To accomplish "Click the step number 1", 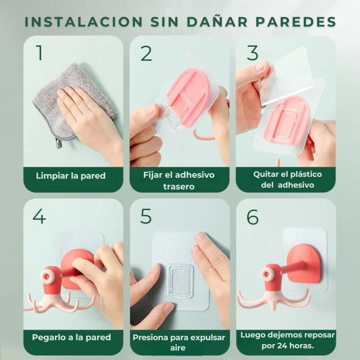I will click(x=40, y=53).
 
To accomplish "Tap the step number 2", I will click(x=146, y=53).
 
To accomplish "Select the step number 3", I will click(x=252, y=53).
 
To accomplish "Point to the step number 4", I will click(x=39, y=216).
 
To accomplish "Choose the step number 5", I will click(x=146, y=216).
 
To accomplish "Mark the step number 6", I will click(x=252, y=217).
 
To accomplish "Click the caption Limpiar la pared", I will click(x=71, y=175).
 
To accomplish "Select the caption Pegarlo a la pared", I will click(x=72, y=337).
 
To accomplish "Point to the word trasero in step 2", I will click(x=179, y=186).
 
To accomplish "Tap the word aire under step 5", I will click(x=179, y=348).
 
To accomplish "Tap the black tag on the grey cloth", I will click(x=59, y=143).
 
